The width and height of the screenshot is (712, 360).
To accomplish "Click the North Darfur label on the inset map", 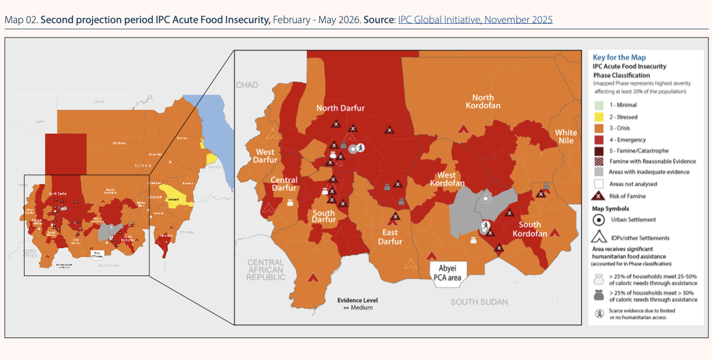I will pos(340,108).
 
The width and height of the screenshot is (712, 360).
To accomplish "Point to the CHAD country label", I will pos(247,85).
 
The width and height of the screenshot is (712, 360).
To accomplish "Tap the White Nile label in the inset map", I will pos(565,136).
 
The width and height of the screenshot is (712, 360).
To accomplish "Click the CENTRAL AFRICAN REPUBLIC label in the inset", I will pos(266,270).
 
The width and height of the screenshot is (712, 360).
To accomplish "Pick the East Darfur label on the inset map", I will pos(390,237).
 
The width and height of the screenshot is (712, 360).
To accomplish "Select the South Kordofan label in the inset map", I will pos(529,229).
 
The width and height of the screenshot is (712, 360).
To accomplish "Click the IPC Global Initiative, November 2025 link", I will pos(475,20).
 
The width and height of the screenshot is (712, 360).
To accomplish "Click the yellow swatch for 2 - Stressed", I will pos(598,117).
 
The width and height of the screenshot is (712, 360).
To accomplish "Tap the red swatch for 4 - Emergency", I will pos(598,139).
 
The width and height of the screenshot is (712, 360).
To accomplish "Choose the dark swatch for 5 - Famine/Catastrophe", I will pos(598,150).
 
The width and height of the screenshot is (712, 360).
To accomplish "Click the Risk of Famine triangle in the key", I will pos(598,196).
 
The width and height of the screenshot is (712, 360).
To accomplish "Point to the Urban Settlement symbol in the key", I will pos(598,220).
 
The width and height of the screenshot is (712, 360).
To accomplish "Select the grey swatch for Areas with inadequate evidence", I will pos(598,172).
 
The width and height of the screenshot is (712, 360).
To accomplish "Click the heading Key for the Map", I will pos(619,57).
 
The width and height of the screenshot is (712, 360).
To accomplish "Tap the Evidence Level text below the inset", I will pos(357,300).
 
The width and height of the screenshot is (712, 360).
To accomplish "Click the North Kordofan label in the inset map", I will pos(483,102).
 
